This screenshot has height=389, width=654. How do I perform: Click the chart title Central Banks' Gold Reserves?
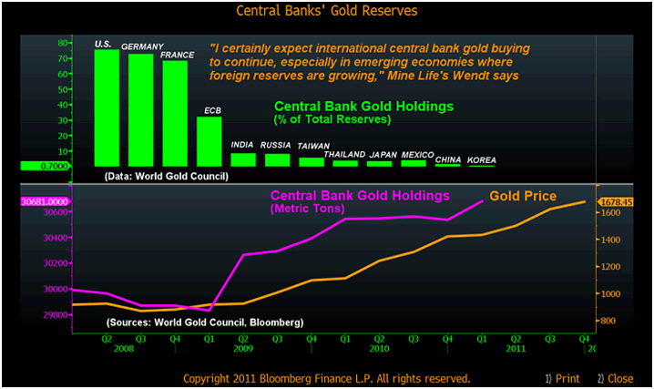(326, 11)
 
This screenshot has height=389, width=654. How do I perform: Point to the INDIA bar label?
(242, 145)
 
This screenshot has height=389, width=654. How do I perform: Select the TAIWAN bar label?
(313, 146)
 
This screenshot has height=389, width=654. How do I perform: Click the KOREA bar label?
(482, 160)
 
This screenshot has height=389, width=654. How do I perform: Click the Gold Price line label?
(523, 196)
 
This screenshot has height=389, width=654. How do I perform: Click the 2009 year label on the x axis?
(242, 347)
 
